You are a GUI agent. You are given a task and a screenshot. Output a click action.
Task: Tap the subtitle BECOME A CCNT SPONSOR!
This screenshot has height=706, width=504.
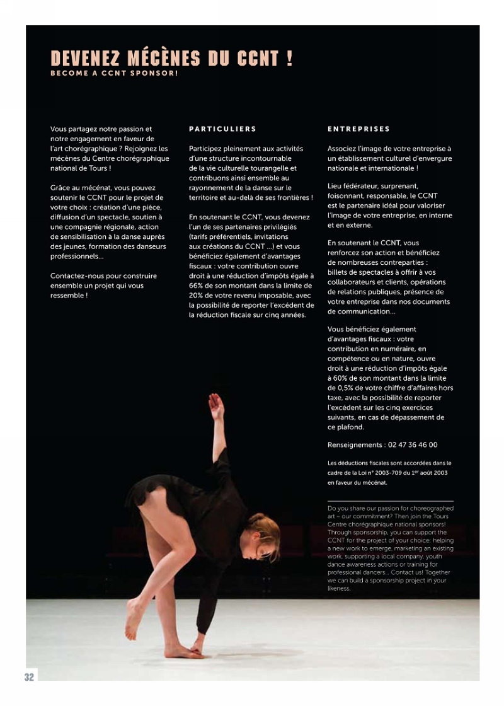[x=114, y=74]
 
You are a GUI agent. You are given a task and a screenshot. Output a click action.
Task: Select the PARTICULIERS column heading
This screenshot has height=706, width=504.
[x=222, y=129]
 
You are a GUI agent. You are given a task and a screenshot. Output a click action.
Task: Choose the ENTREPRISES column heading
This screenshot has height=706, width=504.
[x=358, y=129]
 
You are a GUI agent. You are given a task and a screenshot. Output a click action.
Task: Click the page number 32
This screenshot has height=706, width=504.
[x=30, y=677]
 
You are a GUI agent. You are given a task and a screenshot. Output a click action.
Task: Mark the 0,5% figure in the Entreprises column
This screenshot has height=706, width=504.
[x=347, y=388]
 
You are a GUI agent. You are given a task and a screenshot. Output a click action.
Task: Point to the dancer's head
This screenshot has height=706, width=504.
[x=265, y=534]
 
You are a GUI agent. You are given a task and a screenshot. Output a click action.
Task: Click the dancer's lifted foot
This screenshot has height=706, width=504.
[x=133, y=621]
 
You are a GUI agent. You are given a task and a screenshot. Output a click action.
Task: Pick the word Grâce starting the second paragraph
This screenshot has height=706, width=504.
[x=61, y=188]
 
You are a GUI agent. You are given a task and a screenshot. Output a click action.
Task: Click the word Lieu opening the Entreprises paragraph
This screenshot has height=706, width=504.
[x=335, y=186]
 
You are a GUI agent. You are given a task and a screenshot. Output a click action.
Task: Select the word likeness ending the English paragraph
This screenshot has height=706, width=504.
[x=338, y=589]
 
